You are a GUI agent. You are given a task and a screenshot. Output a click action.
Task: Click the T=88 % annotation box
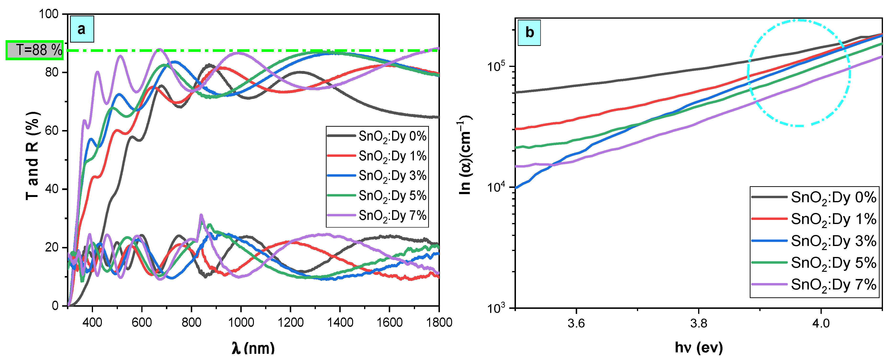[34, 50]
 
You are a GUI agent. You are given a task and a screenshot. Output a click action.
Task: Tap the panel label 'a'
[82, 29]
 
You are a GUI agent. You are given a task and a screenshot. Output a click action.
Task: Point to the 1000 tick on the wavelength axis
[241, 322]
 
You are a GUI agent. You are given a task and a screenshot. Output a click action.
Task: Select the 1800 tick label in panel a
[439, 322]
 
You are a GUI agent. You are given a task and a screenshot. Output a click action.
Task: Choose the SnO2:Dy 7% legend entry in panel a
[377, 215]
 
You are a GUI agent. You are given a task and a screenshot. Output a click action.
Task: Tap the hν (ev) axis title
[698, 348]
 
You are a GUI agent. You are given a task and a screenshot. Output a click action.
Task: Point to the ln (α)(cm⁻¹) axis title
[465, 155]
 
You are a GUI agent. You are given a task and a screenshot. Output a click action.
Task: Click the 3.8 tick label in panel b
[698, 323]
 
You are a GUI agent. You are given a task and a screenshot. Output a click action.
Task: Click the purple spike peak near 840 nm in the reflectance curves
[201, 215]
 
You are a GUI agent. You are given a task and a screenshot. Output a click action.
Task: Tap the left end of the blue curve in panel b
[516, 188]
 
